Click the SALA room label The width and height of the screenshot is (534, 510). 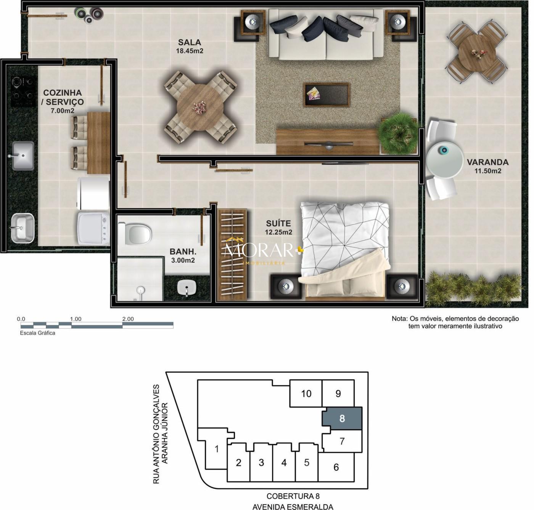[x=189, y=42]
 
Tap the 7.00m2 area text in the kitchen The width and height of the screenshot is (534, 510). [x=63, y=111]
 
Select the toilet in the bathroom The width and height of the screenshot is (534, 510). [x=135, y=234]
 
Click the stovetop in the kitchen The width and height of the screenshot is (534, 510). [x=23, y=91]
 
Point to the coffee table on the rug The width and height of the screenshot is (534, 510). [x=327, y=95]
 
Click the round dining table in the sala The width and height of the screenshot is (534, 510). [x=200, y=107]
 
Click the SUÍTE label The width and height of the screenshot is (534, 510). [x=278, y=223]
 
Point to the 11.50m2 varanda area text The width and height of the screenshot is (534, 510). [x=488, y=171]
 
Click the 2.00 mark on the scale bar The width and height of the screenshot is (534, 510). [x=128, y=319]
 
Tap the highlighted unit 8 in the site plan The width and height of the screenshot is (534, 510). [x=342, y=419]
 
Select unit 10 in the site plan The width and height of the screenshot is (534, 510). [x=306, y=393]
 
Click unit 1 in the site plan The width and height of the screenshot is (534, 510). [x=217, y=449]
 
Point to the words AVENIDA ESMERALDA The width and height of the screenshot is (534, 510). [x=293, y=507]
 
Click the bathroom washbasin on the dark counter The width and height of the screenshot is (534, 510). [x=187, y=287]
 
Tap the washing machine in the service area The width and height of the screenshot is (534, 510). [x=93, y=228]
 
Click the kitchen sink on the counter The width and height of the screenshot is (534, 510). [x=23, y=156]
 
